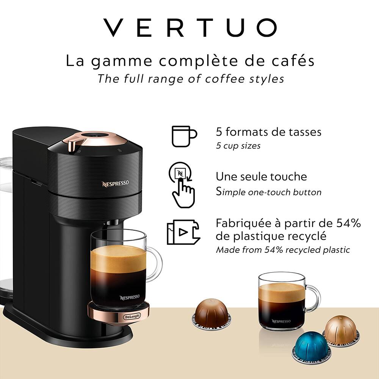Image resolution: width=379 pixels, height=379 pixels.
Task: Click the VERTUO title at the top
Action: pyautogui.click(x=189, y=28)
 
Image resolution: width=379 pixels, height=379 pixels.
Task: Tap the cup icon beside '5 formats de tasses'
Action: pyautogui.click(x=184, y=136)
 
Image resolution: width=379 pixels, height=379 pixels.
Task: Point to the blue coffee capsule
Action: pyautogui.click(x=311, y=345)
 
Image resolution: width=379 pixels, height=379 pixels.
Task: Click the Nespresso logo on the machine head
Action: pyautogui.click(x=115, y=184)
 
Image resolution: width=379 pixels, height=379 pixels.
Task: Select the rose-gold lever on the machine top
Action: pyautogui.click(x=77, y=144)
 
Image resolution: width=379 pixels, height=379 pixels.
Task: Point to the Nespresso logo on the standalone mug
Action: pyautogui.click(x=281, y=321)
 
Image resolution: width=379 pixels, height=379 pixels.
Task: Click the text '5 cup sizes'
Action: pyautogui.click(x=238, y=146)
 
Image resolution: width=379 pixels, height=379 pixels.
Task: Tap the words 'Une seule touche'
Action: pyautogui.click(x=261, y=177)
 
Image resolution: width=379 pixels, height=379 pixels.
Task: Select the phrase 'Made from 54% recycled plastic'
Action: pyautogui.click(x=283, y=250)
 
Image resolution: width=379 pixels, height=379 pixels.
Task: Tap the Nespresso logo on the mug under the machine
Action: pyautogui.click(x=130, y=297)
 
